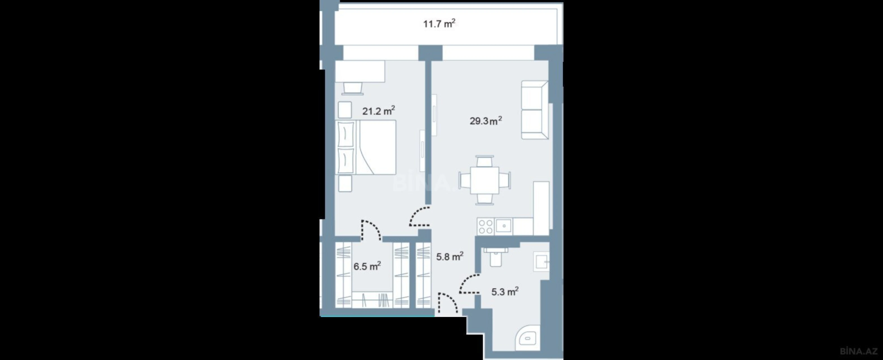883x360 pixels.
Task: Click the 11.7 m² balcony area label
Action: coord(439,24)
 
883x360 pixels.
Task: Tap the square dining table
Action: coord(485,180)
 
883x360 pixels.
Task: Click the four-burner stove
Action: coord(485,227)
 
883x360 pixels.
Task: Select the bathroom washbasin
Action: coord(541,262)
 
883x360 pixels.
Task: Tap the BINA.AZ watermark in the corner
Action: coord(861,351)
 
